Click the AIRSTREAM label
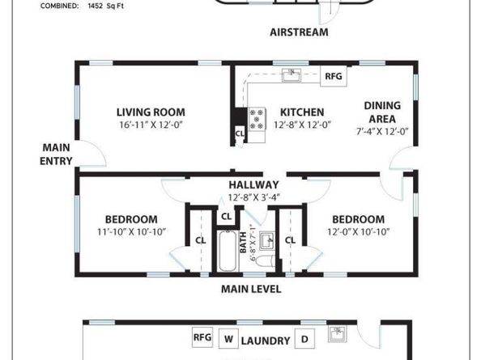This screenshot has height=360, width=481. pyautogui.click(x=299, y=32)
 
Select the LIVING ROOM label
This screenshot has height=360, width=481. pyautogui.click(x=151, y=112)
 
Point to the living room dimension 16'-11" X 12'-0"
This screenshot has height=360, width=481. pyautogui.click(x=151, y=125)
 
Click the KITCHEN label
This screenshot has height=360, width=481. pyautogui.click(x=302, y=112)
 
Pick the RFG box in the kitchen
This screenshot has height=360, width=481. pyautogui.click(x=333, y=77)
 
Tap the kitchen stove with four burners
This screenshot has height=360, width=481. pyautogui.click(x=258, y=120)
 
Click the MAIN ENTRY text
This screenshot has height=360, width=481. pyautogui.click(x=56, y=154)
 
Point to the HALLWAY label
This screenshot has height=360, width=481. pyautogui.click(x=253, y=184)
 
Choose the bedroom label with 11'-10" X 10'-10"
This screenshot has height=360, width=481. pyautogui.click(x=131, y=219)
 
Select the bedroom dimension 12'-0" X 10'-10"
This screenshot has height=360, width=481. pyautogui.click(x=357, y=232)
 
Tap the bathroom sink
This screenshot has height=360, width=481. pyautogui.click(x=265, y=242)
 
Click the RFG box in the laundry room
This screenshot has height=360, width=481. pyautogui.click(x=202, y=337)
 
